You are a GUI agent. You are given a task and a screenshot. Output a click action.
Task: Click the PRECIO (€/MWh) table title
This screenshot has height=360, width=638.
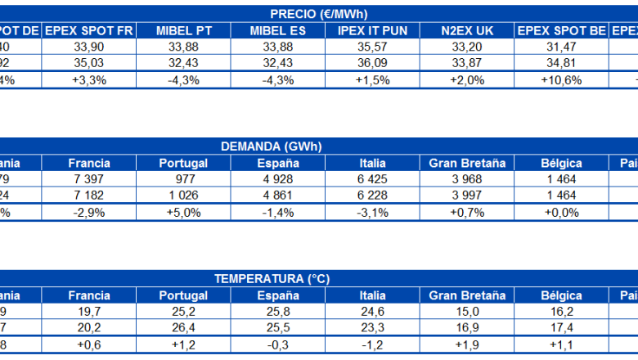(318, 14)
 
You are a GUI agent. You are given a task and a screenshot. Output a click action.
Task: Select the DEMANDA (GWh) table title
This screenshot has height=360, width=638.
(272, 146)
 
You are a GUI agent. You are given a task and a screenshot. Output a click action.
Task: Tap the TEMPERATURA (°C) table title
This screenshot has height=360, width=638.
(272, 279)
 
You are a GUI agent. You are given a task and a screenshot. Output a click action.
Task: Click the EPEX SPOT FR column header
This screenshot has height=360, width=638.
(89, 30)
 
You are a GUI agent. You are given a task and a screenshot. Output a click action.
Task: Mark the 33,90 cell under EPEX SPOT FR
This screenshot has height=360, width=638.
(89, 47)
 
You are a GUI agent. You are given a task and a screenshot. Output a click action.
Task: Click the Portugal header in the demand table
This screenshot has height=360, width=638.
(183, 163)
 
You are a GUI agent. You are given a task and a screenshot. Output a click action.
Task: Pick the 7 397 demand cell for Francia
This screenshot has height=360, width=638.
(89, 179)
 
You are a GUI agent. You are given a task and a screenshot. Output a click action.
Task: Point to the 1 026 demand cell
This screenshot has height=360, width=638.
(183, 196)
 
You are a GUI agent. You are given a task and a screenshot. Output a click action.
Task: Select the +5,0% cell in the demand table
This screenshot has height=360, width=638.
(183, 212)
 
